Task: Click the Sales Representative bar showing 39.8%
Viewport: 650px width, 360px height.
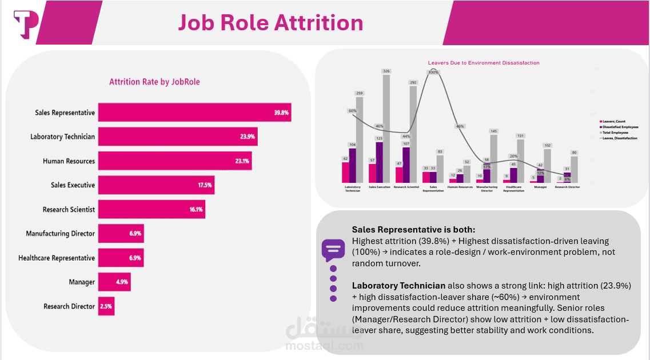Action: pyautogui.click(x=194, y=113)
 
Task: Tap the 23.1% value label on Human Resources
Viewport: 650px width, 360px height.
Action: pyautogui.click(x=242, y=161)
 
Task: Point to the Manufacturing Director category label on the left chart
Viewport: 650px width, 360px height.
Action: pyautogui.click(x=60, y=234)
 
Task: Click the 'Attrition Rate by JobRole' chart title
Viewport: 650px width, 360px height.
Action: pyautogui.click(x=154, y=82)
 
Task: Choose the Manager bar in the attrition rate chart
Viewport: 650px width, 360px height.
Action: pyautogui.click(x=114, y=282)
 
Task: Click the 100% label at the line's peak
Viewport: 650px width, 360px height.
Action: pyautogui.click(x=433, y=73)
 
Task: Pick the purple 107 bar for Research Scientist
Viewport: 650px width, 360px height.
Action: pyautogui.click(x=406, y=165)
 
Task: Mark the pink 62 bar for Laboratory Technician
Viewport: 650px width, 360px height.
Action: pyautogui.click(x=345, y=171)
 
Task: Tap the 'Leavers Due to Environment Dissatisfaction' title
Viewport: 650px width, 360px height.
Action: pyautogui.click(x=484, y=63)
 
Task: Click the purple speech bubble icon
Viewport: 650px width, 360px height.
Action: pyautogui.click(x=333, y=250)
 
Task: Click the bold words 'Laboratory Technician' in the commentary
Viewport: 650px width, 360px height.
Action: pyautogui.click(x=398, y=285)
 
